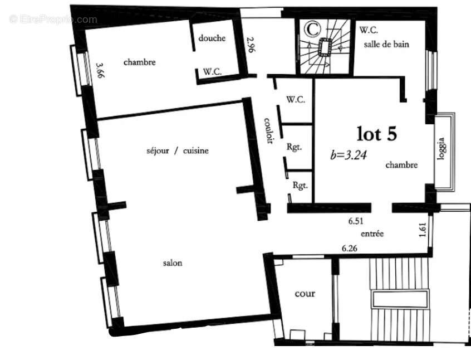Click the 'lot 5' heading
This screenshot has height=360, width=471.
[x=377, y=134]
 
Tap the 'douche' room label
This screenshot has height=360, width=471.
[x=212, y=38]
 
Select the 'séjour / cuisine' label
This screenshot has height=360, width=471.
[x=178, y=150]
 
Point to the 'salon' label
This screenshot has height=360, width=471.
[x=173, y=263]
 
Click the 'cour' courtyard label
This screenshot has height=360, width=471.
[x=305, y=294]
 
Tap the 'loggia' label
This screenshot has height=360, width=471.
[x=441, y=149]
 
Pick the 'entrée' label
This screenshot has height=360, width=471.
[x=372, y=233]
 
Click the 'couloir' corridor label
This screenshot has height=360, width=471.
[x=269, y=130]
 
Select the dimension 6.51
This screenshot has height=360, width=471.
[x=356, y=221]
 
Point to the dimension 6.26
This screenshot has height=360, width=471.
[x=350, y=249]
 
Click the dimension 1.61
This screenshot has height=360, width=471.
[x=423, y=230]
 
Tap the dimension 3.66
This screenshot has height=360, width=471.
[x=100, y=70]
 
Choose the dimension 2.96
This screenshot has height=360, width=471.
[x=251, y=45]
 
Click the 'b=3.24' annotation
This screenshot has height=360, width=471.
[x=349, y=154]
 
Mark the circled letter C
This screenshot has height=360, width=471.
[x=312, y=29]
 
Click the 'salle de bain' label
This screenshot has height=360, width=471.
[x=386, y=44]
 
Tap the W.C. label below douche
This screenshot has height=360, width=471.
[x=212, y=71]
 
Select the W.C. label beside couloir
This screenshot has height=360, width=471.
[x=296, y=99]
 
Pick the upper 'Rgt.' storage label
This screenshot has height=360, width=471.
[x=294, y=147]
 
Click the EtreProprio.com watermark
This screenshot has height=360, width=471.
[x=53, y=20]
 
